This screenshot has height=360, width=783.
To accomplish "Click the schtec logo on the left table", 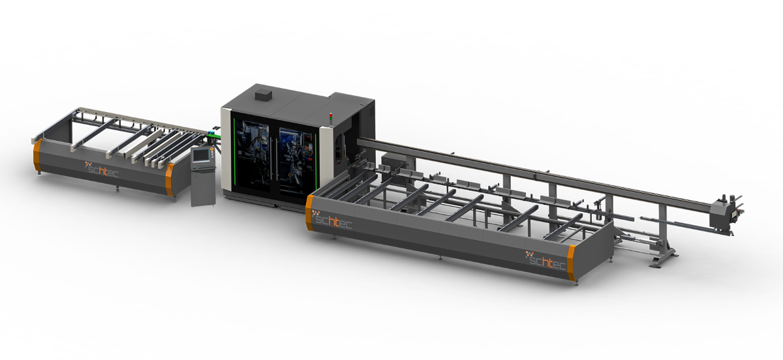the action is [x=102, y=170].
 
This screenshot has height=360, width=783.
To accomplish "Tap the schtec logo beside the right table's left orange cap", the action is [x=332, y=220].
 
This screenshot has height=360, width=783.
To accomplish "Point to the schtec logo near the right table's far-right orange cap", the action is [x=546, y=261].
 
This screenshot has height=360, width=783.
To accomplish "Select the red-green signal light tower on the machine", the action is [x=331, y=119].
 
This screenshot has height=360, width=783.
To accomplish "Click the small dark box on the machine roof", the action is [x=263, y=95].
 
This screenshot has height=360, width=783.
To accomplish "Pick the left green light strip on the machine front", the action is [x=234, y=153].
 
